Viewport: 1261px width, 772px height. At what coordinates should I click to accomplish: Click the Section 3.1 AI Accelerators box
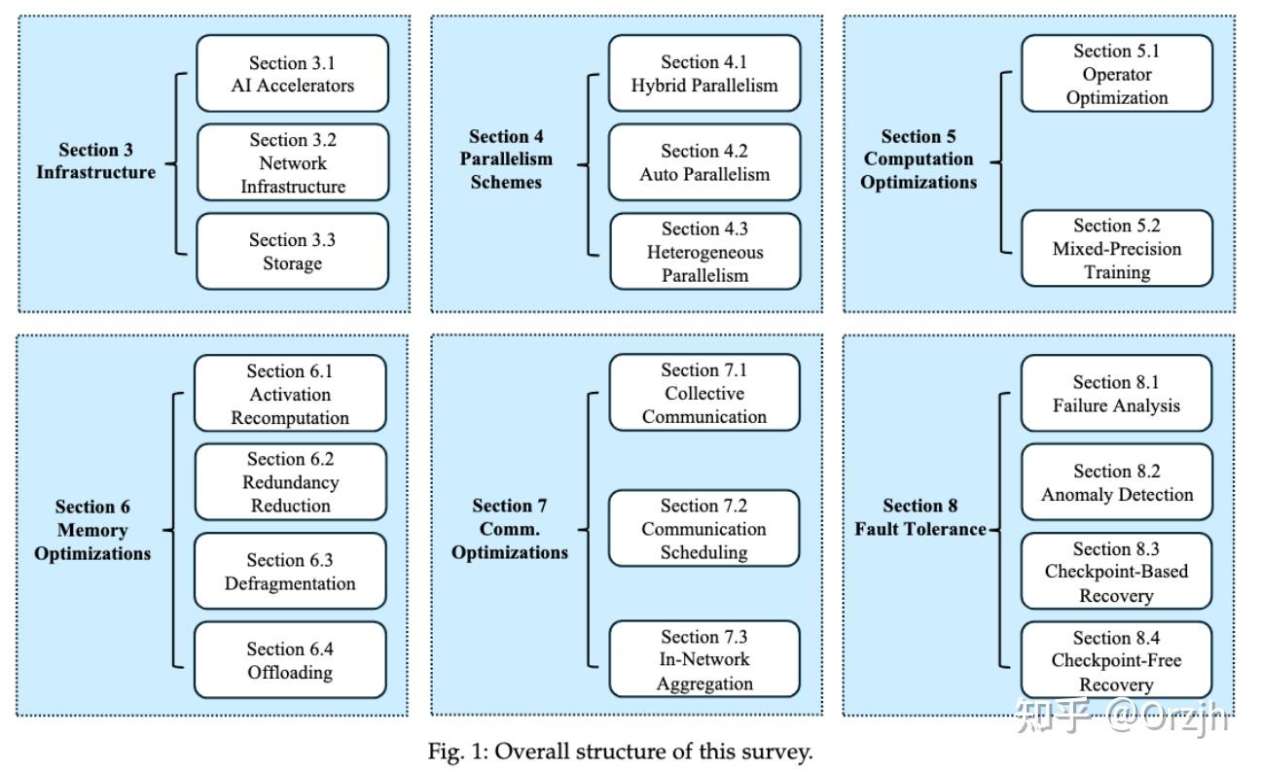(292, 74)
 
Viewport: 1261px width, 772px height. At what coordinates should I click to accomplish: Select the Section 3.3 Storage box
(292, 252)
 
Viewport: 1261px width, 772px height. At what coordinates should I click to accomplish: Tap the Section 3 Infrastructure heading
(95, 161)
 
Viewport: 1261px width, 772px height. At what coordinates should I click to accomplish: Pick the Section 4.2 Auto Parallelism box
(704, 162)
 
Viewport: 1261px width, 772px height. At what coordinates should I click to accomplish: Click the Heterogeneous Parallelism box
(704, 252)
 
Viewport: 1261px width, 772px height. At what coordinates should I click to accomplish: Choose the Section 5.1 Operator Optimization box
(1116, 74)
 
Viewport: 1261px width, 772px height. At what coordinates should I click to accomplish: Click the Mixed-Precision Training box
(1116, 249)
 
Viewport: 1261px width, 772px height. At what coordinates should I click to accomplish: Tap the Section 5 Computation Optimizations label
(919, 159)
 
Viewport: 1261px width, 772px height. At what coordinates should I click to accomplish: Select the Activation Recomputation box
(290, 394)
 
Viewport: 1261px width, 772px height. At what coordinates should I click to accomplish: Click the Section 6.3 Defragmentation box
(290, 572)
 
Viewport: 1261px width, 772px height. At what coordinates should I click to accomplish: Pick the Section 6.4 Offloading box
(290, 660)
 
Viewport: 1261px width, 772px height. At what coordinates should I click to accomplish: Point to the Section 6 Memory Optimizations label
(92, 530)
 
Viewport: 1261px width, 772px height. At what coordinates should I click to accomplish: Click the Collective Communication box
(704, 393)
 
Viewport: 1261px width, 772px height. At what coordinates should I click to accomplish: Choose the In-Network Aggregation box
(704, 659)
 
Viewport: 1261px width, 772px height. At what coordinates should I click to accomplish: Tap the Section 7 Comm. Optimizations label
(510, 529)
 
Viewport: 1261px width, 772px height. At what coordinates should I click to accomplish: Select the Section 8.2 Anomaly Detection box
(1116, 482)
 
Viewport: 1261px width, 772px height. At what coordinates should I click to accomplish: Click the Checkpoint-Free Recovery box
(1116, 660)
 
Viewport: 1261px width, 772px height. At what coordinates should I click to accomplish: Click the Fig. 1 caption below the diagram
(620, 752)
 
